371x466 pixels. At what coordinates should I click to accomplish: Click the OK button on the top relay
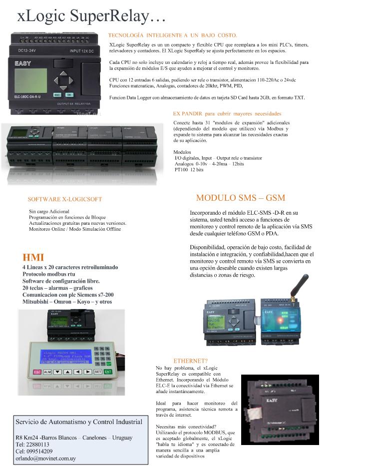click(x=69, y=94)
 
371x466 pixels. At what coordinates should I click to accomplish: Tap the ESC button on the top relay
click(x=57, y=94)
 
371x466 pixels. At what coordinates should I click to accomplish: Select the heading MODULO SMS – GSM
click(x=241, y=198)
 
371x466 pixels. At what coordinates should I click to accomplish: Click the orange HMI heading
click(x=33, y=258)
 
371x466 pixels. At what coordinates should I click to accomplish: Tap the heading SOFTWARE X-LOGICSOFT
click(x=64, y=199)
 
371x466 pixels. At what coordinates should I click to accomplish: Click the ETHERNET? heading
click(x=190, y=361)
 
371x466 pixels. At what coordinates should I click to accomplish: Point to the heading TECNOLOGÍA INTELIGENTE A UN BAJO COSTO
click(x=172, y=35)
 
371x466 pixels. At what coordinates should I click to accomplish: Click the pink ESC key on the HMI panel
click(x=37, y=372)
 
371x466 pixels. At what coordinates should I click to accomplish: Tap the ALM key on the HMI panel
click(x=47, y=372)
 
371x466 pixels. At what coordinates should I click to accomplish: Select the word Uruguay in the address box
click(x=121, y=437)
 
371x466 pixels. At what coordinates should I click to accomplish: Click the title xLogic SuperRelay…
click(x=91, y=16)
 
